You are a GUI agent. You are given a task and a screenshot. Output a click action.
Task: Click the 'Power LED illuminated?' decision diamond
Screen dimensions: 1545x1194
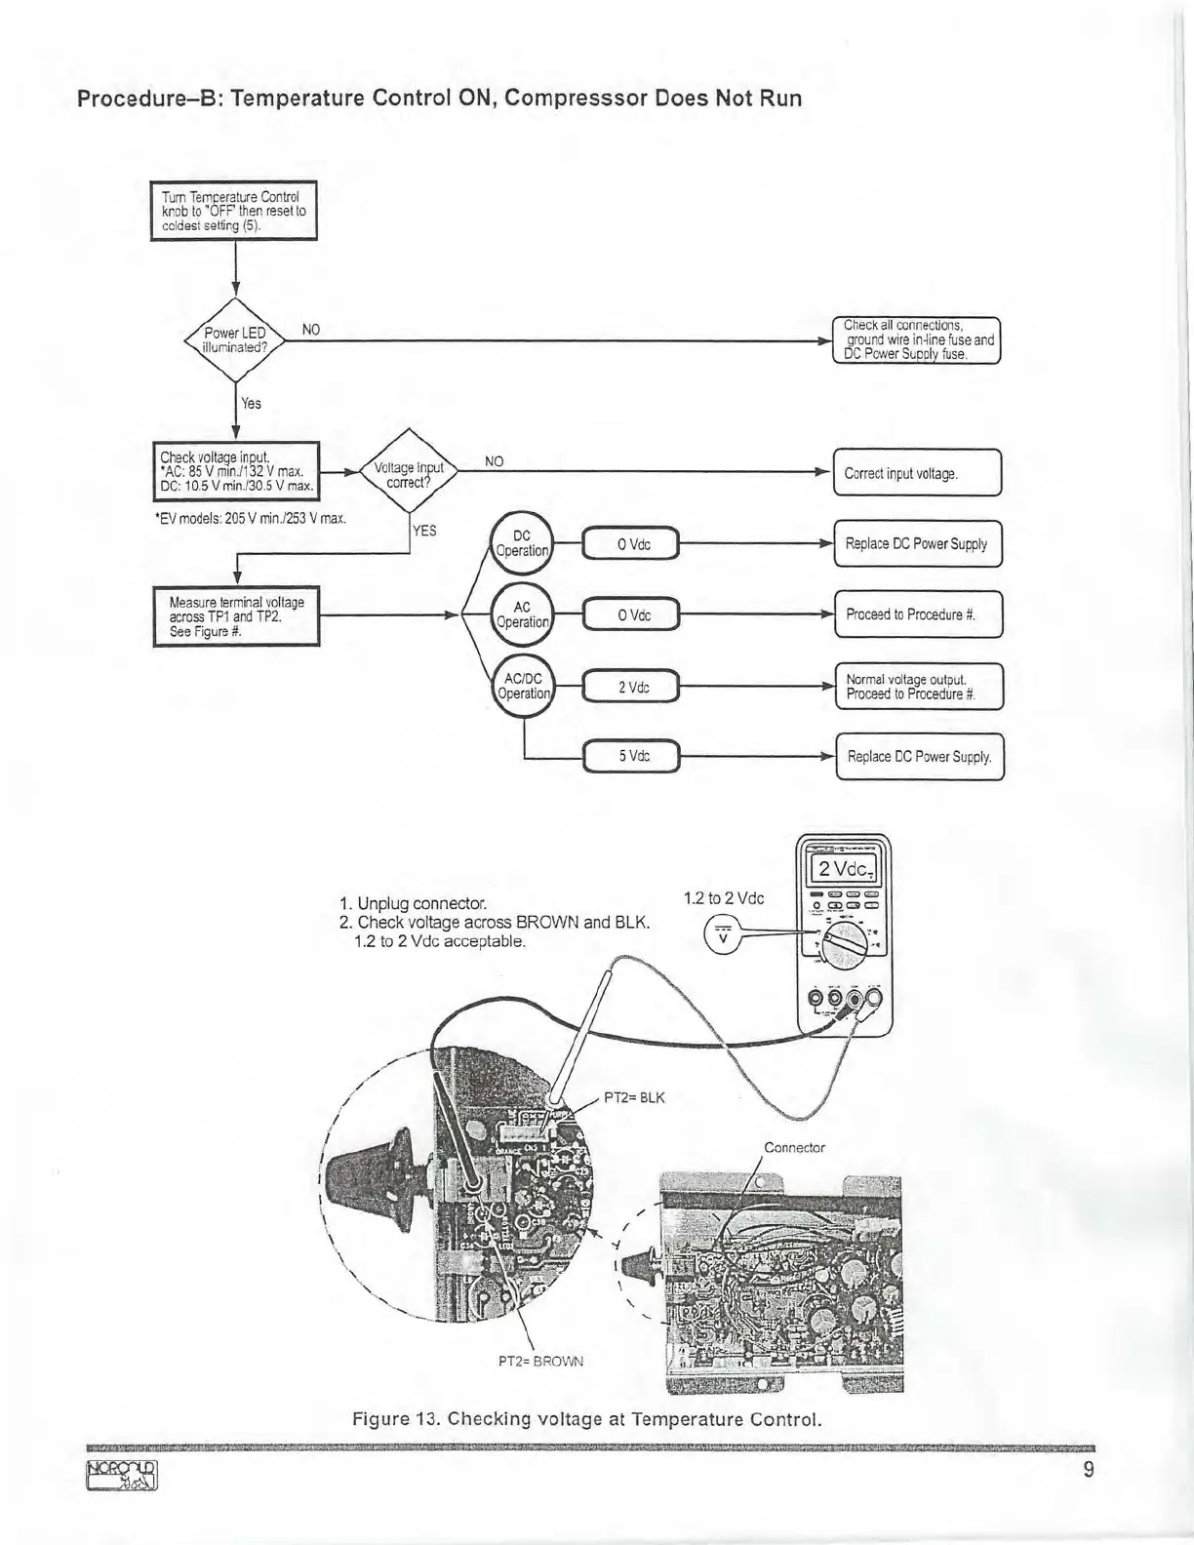pyautogui.click(x=234, y=339)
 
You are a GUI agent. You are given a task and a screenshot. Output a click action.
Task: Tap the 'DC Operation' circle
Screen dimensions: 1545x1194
pyautogui.click(x=522, y=543)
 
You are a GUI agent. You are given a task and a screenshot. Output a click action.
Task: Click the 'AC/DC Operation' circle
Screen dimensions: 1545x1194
pyautogui.click(x=523, y=686)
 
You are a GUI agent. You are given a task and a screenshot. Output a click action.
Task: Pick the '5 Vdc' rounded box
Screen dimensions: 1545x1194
pyautogui.click(x=632, y=757)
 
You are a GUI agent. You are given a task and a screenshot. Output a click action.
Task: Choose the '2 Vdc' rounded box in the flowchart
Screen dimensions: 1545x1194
pyautogui.click(x=632, y=687)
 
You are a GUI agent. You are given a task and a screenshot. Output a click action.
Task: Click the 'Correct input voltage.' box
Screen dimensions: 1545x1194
pyautogui.click(x=917, y=474)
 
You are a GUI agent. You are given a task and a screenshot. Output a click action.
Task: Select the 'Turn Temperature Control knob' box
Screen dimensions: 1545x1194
pyautogui.click(x=234, y=211)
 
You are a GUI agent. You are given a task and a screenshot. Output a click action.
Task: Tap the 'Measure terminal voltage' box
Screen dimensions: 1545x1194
pyautogui.click(x=236, y=616)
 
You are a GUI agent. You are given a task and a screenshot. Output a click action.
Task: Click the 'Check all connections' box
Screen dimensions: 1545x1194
pyautogui.click(x=917, y=339)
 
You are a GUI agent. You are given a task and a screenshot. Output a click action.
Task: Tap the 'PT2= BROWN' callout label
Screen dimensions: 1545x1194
pyautogui.click(x=540, y=1361)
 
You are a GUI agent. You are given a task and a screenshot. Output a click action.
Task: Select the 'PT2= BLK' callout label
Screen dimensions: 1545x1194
pyautogui.click(x=634, y=1097)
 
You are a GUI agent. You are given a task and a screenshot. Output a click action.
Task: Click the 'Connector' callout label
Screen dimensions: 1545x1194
pyautogui.click(x=794, y=1148)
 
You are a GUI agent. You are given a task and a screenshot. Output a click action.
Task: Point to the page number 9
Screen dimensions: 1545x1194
pyautogui.click(x=1089, y=1470)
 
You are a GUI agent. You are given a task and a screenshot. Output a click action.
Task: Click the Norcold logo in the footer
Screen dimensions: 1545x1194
pyautogui.click(x=122, y=1476)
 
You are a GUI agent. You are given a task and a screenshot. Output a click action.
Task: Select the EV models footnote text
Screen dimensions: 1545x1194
pyautogui.click(x=252, y=518)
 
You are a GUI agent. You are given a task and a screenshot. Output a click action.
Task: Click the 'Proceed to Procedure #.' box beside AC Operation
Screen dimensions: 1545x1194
pyautogui.click(x=918, y=615)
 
